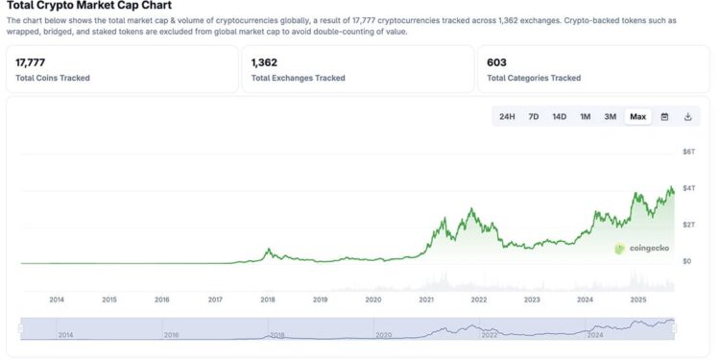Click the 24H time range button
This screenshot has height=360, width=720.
tap(507, 116)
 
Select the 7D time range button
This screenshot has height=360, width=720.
tap(534, 116)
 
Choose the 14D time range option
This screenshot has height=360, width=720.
tap(559, 116)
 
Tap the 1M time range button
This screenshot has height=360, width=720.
tap(585, 116)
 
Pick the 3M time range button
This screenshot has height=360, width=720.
tap(610, 116)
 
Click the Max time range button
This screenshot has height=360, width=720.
tap(637, 116)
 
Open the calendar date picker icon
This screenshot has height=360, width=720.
tap(664, 116)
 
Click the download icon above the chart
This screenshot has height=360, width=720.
tap(687, 116)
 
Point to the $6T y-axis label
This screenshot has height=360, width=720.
tap(687, 152)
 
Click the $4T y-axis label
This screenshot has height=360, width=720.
tap(687, 187)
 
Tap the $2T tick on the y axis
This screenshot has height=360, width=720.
tap(687, 224)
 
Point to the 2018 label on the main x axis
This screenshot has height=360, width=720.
tap(268, 299)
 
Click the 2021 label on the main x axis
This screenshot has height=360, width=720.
tap(426, 299)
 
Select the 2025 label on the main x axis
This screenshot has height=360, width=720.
tap(637, 299)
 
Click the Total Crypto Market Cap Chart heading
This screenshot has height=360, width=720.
tap(89, 6)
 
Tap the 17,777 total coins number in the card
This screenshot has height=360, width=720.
tap(32, 62)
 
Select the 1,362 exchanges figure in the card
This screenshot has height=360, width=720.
tap(266, 62)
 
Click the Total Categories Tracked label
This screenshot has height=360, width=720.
tap(534, 78)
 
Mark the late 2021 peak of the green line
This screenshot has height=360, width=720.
tap(470, 208)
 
